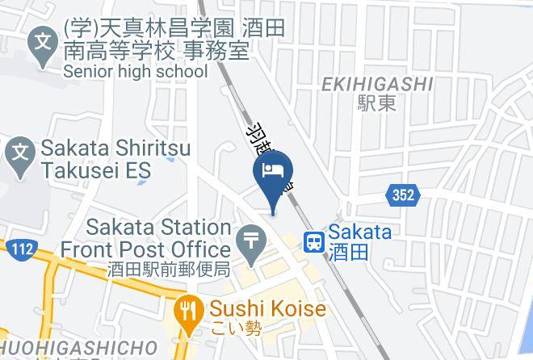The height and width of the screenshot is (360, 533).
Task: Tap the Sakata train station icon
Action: point(314,241)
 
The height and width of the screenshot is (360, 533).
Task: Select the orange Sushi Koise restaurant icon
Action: point(188,311)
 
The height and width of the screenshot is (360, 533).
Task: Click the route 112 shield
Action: point(22,249)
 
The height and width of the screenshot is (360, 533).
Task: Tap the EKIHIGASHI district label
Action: point(377,84)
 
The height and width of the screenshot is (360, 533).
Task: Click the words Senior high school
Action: point(135,72)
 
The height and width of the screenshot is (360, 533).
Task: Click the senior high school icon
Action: point(41,41)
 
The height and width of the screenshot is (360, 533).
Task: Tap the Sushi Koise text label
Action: point(267,309)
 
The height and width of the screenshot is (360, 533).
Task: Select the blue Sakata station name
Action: point(359,232)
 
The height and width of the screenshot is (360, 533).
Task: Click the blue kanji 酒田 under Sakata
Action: point(349,252)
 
